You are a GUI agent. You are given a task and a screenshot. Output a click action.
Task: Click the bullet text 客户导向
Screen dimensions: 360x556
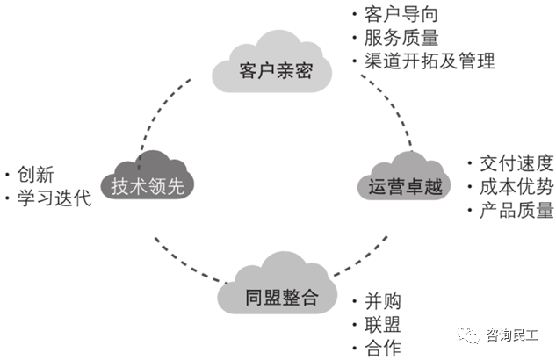(401, 15)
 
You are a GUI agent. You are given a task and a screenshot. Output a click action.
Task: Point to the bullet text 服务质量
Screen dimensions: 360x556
(401, 38)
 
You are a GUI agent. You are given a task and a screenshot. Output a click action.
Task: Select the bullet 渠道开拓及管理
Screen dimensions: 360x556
(429, 61)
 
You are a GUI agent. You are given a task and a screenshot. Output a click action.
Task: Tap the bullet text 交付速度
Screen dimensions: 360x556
(516, 163)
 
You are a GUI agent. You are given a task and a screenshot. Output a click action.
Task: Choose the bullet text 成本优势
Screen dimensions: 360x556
(516, 186)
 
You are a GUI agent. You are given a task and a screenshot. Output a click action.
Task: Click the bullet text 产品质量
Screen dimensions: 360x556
(516, 210)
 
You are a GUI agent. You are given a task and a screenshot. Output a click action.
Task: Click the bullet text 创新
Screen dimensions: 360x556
(35, 173)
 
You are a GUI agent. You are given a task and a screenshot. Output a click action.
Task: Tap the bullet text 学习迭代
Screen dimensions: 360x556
(53, 197)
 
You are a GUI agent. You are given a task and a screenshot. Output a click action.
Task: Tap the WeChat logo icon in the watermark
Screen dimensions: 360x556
(472, 334)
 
